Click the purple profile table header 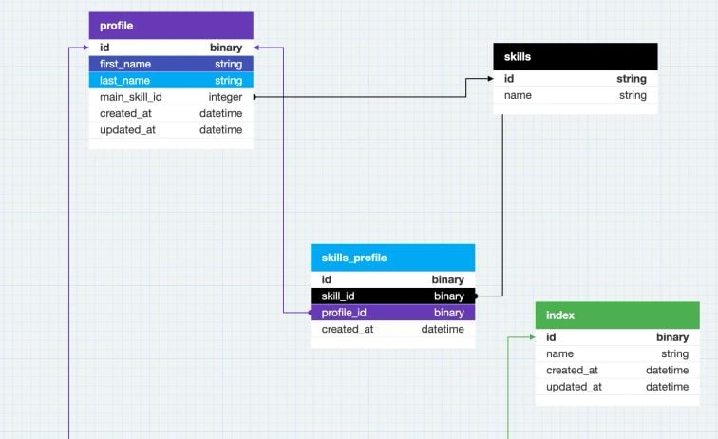[x=171, y=26]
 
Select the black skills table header [x=575, y=56]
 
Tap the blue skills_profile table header [x=392, y=258]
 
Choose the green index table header [x=617, y=315]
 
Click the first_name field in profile [x=125, y=64]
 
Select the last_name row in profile [x=125, y=81]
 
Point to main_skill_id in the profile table [x=131, y=97]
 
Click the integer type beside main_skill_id [x=225, y=97]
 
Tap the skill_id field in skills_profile [x=338, y=296]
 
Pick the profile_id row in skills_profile [x=344, y=313]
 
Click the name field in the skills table [x=518, y=95]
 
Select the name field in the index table [x=559, y=353]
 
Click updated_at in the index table [x=574, y=387]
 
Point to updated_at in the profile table [x=127, y=129]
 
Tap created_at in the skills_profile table [x=348, y=329]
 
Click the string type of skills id [x=632, y=79]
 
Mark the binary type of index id [x=671, y=337]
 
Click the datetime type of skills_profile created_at [x=443, y=329]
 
